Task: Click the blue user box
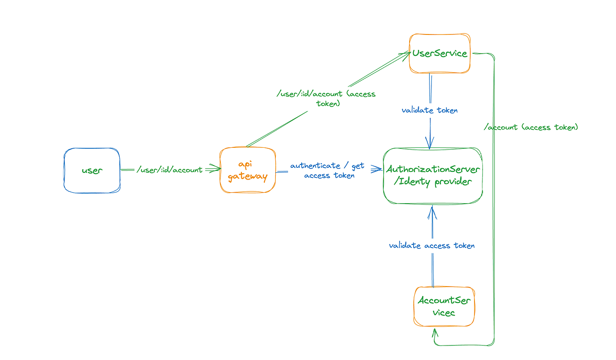click(x=92, y=170)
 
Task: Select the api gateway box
click(x=248, y=170)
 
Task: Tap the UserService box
click(x=440, y=53)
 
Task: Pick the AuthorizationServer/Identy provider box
click(x=432, y=175)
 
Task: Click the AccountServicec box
click(x=444, y=306)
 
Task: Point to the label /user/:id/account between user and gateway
click(x=170, y=170)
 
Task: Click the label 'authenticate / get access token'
click(x=328, y=170)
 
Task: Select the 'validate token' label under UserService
click(x=430, y=110)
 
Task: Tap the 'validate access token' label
click(x=432, y=246)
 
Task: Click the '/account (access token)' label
click(x=531, y=127)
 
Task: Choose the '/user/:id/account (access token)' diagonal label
click(x=326, y=98)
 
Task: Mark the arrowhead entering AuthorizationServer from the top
click(x=430, y=144)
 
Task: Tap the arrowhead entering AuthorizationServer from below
click(x=432, y=210)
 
